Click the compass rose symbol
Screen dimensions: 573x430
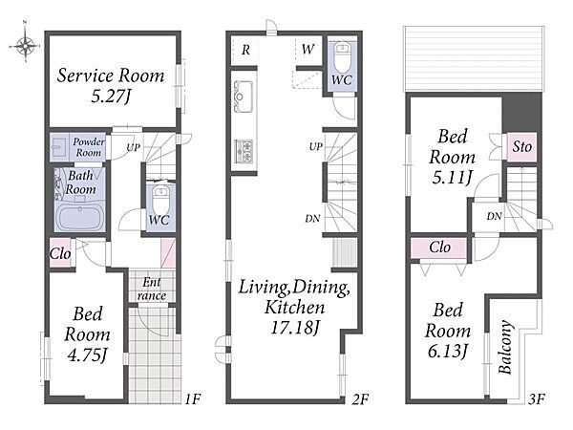click(x=25, y=46)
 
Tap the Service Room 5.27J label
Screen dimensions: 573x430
click(x=111, y=86)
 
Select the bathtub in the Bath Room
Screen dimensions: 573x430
click(x=80, y=217)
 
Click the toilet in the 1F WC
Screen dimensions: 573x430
click(x=159, y=200)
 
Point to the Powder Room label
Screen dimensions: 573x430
click(x=89, y=147)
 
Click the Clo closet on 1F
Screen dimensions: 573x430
click(x=60, y=253)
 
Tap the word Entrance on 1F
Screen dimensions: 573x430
click(x=152, y=289)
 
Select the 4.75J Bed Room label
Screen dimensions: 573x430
click(x=87, y=334)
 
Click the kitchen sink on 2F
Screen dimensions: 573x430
click(x=243, y=97)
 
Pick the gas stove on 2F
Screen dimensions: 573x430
click(x=244, y=151)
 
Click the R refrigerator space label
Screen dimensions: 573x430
click(x=246, y=50)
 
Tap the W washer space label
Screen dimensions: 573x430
click(x=308, y=49)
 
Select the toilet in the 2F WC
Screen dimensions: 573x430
click(x=343, y=57)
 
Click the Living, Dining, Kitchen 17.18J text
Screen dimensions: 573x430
click(x=294, y=307)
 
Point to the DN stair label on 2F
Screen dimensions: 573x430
click(x=312, y=219)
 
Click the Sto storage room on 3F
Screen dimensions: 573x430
click(x=521, y=146)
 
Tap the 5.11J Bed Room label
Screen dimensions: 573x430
click(x=453, y=157)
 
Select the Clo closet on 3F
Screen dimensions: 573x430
click(x=439, y=247)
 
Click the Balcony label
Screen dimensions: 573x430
click(x=505, y=347)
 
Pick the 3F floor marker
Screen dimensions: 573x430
click(x=537, y=398)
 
